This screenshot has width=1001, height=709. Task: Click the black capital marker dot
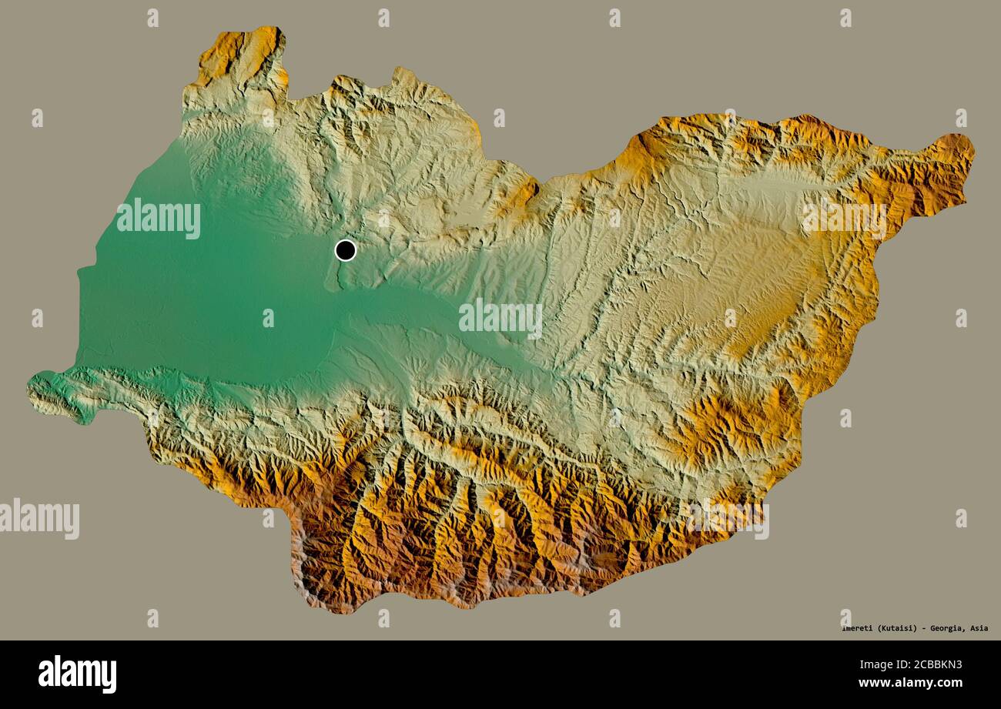(x=346, y=250)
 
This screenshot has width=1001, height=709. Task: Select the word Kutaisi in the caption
(x=895, y=628)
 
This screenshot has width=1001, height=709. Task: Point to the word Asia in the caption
(x=979, y=628)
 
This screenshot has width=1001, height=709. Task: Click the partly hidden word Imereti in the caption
(x=856, y=628)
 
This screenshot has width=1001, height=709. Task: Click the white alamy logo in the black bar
(x=77, y=674)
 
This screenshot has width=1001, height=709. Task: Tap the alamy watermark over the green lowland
(x=159, y=218)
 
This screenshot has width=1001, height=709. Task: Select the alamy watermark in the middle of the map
(x=500, y=319)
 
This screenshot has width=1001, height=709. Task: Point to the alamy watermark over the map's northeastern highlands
(x=844, y=218)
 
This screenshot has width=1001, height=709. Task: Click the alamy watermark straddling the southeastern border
(x=726, y=519)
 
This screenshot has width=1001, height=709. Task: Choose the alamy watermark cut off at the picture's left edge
(x=38, y=519)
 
